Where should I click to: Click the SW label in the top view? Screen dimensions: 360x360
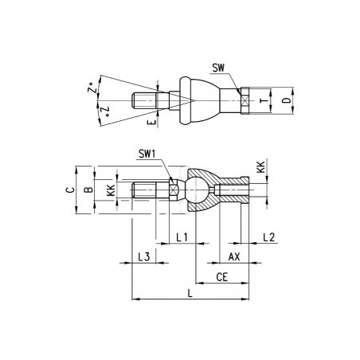click(218, 68)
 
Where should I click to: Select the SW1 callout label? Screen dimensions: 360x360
click(147, 155)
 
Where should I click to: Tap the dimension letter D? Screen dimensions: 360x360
click(286, 100)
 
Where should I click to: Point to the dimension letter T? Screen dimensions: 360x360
click(264, 100)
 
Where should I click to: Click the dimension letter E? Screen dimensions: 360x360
click(151, 122)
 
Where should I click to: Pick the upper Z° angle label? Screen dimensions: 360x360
click(92, 88)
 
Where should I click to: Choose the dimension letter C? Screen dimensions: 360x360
click(70, 190)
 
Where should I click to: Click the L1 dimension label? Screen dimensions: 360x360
click(182, 237)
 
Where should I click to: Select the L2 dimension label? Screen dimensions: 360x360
click(269, 237)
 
